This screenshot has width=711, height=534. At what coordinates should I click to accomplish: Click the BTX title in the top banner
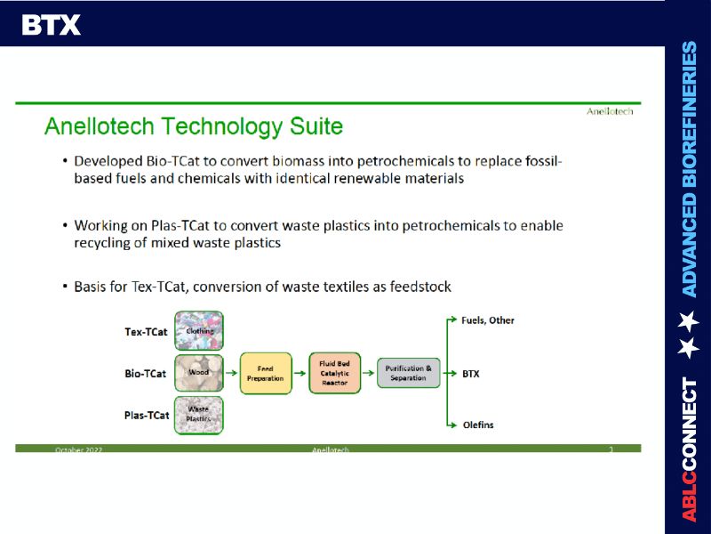51,25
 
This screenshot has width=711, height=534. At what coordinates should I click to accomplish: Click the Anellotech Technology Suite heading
193,126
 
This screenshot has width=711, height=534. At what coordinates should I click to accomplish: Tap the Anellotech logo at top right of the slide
610,111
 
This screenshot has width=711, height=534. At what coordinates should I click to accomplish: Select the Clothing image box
199,331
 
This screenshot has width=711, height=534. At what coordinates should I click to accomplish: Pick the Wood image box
199,373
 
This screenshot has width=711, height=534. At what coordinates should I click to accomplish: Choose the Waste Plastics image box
199,415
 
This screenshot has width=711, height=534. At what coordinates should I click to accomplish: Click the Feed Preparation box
265,374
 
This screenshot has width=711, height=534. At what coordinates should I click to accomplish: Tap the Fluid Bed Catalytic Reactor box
334,373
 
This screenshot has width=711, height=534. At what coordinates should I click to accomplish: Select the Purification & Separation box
408,373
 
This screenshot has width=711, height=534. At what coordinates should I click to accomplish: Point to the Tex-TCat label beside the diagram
146,332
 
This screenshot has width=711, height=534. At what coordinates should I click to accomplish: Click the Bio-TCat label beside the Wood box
145,374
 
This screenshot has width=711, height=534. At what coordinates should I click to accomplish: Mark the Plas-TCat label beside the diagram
147,415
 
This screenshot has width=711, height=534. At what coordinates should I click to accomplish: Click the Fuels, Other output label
487,320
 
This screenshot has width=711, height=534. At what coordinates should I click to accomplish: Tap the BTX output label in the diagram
471,374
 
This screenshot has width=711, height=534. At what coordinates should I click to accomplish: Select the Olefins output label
478,425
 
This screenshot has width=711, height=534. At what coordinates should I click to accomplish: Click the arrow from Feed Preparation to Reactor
300,374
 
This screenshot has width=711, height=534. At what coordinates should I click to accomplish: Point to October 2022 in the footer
79,450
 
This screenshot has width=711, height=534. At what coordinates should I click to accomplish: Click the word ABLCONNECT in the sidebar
689,449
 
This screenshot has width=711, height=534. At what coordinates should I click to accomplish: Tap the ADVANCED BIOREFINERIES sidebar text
689,169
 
